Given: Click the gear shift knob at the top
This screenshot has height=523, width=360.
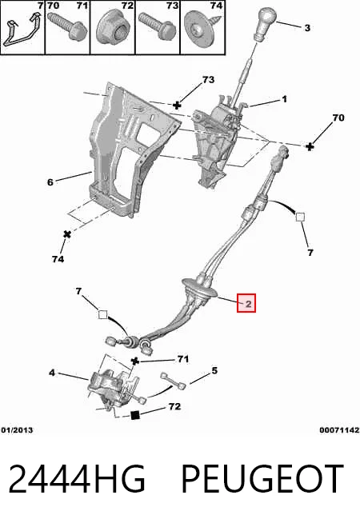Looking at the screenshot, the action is [266, 22].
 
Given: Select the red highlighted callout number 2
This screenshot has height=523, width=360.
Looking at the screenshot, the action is [246, 303].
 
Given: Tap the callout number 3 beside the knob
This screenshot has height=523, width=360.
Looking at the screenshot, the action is [307, 28].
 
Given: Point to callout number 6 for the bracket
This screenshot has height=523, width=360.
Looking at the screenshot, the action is [50, 182].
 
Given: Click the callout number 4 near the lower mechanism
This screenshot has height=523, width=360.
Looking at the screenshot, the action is [52, 372].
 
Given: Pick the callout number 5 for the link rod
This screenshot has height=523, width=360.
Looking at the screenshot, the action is [214, 370].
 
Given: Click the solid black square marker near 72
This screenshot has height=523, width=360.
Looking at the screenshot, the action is [134, 415].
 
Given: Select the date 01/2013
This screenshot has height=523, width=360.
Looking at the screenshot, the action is [17, 430].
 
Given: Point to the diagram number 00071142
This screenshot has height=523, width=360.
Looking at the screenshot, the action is [339, 430].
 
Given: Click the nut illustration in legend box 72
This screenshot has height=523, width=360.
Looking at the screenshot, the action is [112, 30].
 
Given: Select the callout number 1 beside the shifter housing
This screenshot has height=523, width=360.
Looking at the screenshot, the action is [284, 99].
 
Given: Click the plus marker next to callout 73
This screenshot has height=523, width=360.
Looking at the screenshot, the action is [177, 106].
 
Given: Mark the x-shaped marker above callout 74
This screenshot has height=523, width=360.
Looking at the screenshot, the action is [67, 234].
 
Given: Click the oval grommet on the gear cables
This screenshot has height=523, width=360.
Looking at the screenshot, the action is [201, 289].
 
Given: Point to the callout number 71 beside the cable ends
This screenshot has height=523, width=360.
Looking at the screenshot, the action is [183, 359].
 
